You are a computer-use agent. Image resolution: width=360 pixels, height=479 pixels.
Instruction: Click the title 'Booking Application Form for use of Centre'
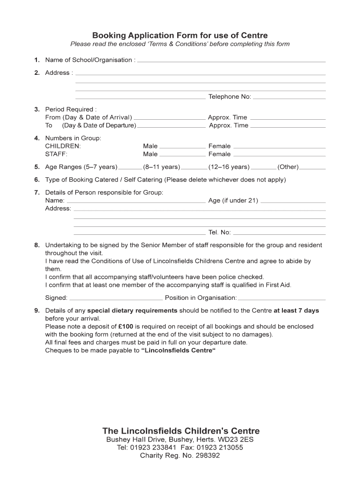pyautogui.click(x=180, y=35)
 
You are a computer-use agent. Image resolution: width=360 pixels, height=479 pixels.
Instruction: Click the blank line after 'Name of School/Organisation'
pyautogui.click(x=231, y=61)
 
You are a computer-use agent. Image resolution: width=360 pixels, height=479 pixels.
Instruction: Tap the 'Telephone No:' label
pyautogui.click(x=230, y=97)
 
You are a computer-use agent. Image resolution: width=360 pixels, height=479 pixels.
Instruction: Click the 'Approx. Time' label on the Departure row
pyautogui.click(x=229, y=125)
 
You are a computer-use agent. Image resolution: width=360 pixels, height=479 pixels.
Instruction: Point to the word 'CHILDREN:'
pyautogui.click(x=63, y=146)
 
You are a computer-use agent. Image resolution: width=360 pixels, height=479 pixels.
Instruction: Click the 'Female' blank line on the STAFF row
pyautogui.click(x=279, y=155)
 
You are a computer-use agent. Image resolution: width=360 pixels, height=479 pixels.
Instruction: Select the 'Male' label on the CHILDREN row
pyautogui.click(x=150, y=146)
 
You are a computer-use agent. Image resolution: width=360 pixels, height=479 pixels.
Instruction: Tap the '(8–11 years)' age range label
pyautogui.click(x=161, y=167)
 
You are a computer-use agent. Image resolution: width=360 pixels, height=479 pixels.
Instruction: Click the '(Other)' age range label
pyautogui.click(x=288, y=167)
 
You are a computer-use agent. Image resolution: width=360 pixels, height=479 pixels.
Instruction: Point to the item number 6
pyautogui.click(x=36, y=180)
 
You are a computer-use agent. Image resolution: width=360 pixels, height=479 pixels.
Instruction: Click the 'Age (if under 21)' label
pyautogui.click(x=233, y=201)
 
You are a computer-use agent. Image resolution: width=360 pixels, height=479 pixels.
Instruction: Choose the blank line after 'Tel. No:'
pyautogui.click(x=279, y=234)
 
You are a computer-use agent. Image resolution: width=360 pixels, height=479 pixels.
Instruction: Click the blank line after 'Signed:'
pyautogui.click(x=116, y=299)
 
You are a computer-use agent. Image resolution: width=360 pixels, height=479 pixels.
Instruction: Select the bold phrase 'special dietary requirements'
pyautogui.click(x=132, y=311)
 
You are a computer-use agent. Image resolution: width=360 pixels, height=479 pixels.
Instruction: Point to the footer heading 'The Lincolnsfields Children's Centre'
pyautogui.click(x=181, y=431)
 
